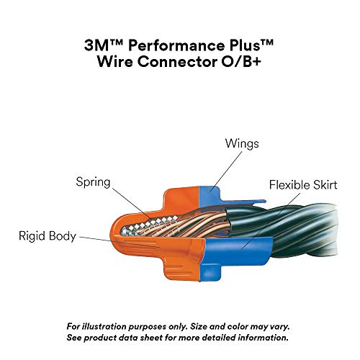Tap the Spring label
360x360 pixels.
(x=94, y=182)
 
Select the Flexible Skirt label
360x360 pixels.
(x=303, y=184)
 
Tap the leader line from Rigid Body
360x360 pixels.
(x=97, y=236)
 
